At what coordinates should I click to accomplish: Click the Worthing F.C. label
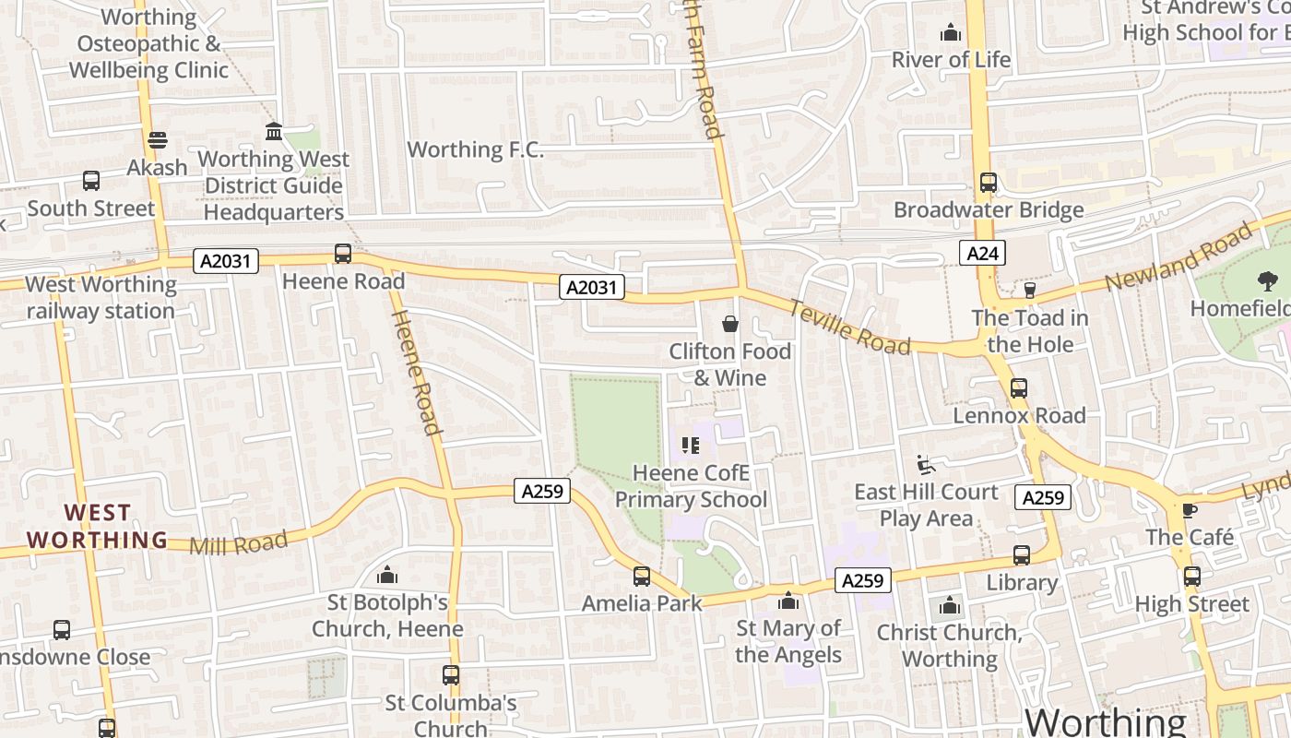click(475, 149)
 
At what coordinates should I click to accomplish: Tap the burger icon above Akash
click(157, 141)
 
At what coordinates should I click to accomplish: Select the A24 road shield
click(981, 253)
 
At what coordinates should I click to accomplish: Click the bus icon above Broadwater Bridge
click(989, 183)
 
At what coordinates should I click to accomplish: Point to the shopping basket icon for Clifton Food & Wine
click(730, 324)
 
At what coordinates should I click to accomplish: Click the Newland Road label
click(1179, 256)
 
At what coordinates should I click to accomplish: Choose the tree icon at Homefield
click(1268, 281)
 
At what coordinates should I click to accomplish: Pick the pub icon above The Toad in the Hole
click(1030, 291)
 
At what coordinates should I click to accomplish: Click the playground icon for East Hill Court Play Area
click(926, 464)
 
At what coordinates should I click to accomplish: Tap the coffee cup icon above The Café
click(1190, 510)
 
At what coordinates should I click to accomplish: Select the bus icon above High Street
click(1192, 577)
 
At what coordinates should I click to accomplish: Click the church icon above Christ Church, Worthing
click(950, 606)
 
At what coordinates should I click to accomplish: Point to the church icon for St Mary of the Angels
click(788, 601)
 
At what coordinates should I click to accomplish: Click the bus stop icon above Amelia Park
click(642, 577)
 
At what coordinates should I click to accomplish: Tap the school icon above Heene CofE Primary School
click(691, 446)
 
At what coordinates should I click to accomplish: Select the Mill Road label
click(238, 543)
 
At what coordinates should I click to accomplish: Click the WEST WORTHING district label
click(97, 526)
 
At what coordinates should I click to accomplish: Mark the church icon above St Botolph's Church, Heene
click(388, 576)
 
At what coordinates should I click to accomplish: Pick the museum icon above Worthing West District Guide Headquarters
click(274, 132)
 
